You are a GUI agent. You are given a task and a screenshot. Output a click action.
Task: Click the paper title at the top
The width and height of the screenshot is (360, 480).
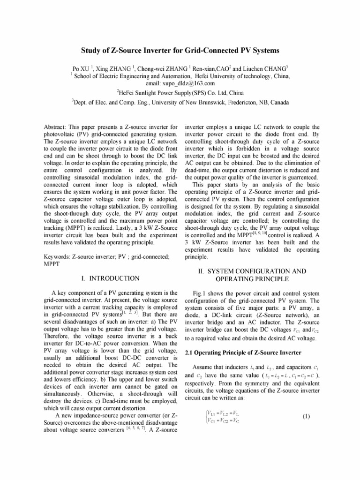tap(180, 50)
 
